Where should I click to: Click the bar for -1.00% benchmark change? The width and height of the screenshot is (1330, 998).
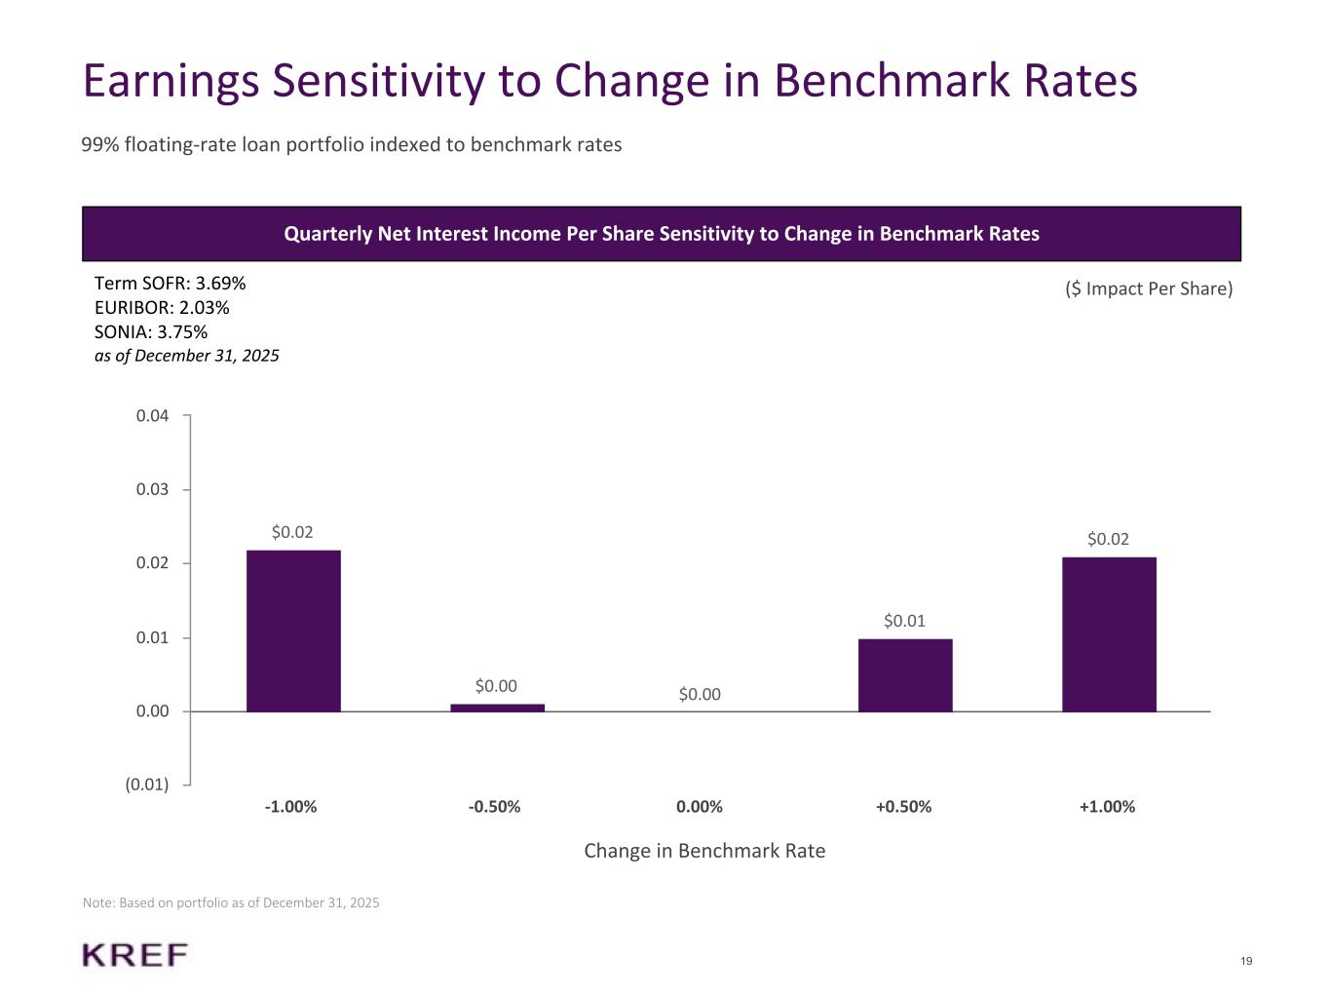(x=293, y=631)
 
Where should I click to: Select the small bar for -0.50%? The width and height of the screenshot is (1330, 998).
(x=497, y=708)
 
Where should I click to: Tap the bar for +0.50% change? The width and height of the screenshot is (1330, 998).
(x=904, y=675)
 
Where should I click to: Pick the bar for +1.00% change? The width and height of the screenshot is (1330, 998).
(x=1109, y=634)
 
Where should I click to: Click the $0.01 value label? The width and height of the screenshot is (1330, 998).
(x=904, y=621)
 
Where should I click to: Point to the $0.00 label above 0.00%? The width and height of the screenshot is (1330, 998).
(x=700, y=694)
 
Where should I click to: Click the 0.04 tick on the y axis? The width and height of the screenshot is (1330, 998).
(x=153, y=416)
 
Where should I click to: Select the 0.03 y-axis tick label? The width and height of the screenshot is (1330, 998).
(x=153, y=489)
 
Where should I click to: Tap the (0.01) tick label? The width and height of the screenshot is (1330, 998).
(x=147, y=785)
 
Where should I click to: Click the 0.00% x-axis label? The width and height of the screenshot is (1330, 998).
(x=700, y=807)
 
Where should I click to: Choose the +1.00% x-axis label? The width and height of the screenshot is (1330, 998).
(x=1107, y=807)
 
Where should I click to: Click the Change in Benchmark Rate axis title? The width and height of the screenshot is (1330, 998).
(x=704, y=851)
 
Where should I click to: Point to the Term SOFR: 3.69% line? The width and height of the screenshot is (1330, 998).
(x=170, y=284)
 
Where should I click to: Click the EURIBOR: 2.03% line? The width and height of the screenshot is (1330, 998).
(x=162, y=308)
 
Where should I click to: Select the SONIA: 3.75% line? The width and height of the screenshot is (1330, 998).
(x=151, y=332)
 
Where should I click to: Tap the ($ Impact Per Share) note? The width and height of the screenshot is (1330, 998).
(x=1149, y=289)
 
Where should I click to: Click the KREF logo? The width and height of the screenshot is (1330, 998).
(x=135, y=955)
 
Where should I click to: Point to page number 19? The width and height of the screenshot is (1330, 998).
(x=1246, y=962)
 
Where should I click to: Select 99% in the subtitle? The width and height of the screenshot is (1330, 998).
(x=100, y=145)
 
